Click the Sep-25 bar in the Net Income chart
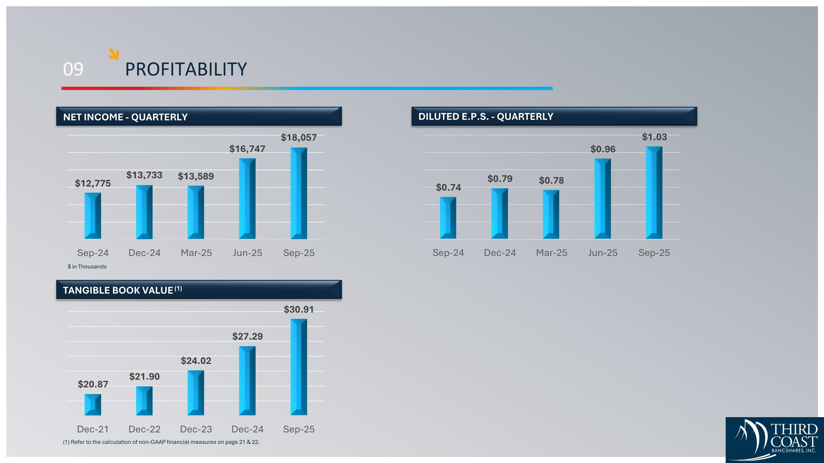pyautogui.click(x=299, y=193)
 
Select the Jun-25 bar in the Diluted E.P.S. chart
pyautogui.click(x=602, y=198)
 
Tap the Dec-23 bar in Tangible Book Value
pyautogui.click(x=196, y=393)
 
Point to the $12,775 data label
pyautogui.click(x=93, y=183)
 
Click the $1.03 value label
pyautogui.click(x=654, y=137)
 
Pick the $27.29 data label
pyautogui.click(x=247, y=336)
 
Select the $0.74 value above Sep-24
pyautogui.click(x=448, y=187)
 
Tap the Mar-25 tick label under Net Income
pyautogui.click(x=196, y=253)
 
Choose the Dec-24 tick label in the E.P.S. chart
pyautogui.click(x=500, y=253)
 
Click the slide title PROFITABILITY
pyautogui.click(x=186, y=69)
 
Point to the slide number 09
pyautogui.click(x=73, y=69)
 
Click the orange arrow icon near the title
pyautogui.click(x=113, y=54)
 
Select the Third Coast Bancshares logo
pyautogui.click(x=774, y=440)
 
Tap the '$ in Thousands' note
pyautogui.click(x=87, y=266)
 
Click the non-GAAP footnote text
pyautogui.click(x=161, y=442)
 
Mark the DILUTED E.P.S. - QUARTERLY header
pyautogui.click(x=486, y=117)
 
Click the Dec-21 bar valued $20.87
pyautogui.click(x=93, y=405)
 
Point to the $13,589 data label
pyautogui.click(x=196, y=176)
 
